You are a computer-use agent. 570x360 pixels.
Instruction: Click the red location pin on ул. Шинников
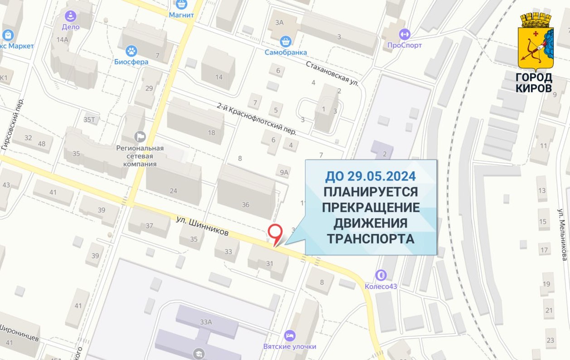(x=275, y=232)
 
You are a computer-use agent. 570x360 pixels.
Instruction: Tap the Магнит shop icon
(x=182, y=5)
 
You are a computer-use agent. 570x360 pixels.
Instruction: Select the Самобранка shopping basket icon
(x=285, y=42)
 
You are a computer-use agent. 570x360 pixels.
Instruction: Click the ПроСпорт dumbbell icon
(x=404, y=34)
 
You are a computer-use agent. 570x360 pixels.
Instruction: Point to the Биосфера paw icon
(x=131, y=51)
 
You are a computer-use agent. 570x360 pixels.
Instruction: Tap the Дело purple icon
(x=71, y=17)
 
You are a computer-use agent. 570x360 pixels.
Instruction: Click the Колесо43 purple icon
(x=381, y=275)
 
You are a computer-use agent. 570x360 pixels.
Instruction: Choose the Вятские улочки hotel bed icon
(x=290, y=336)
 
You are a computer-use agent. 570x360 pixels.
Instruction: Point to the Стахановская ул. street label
(x=333, y=73)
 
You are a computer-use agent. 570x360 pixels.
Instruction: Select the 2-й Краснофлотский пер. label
(x=256, y=119)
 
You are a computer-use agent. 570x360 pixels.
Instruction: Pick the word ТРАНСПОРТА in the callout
(x=371, y=238)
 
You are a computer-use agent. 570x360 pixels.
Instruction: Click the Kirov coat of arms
(x=536, y=41)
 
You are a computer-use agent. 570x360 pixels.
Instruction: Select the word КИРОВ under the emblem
(x=534, y=88)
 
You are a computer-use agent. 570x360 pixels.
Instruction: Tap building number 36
(x=246, y=204)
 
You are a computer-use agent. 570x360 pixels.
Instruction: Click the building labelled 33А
(x=206, y=322)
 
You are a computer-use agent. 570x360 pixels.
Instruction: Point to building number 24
(x=173, y=190)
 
